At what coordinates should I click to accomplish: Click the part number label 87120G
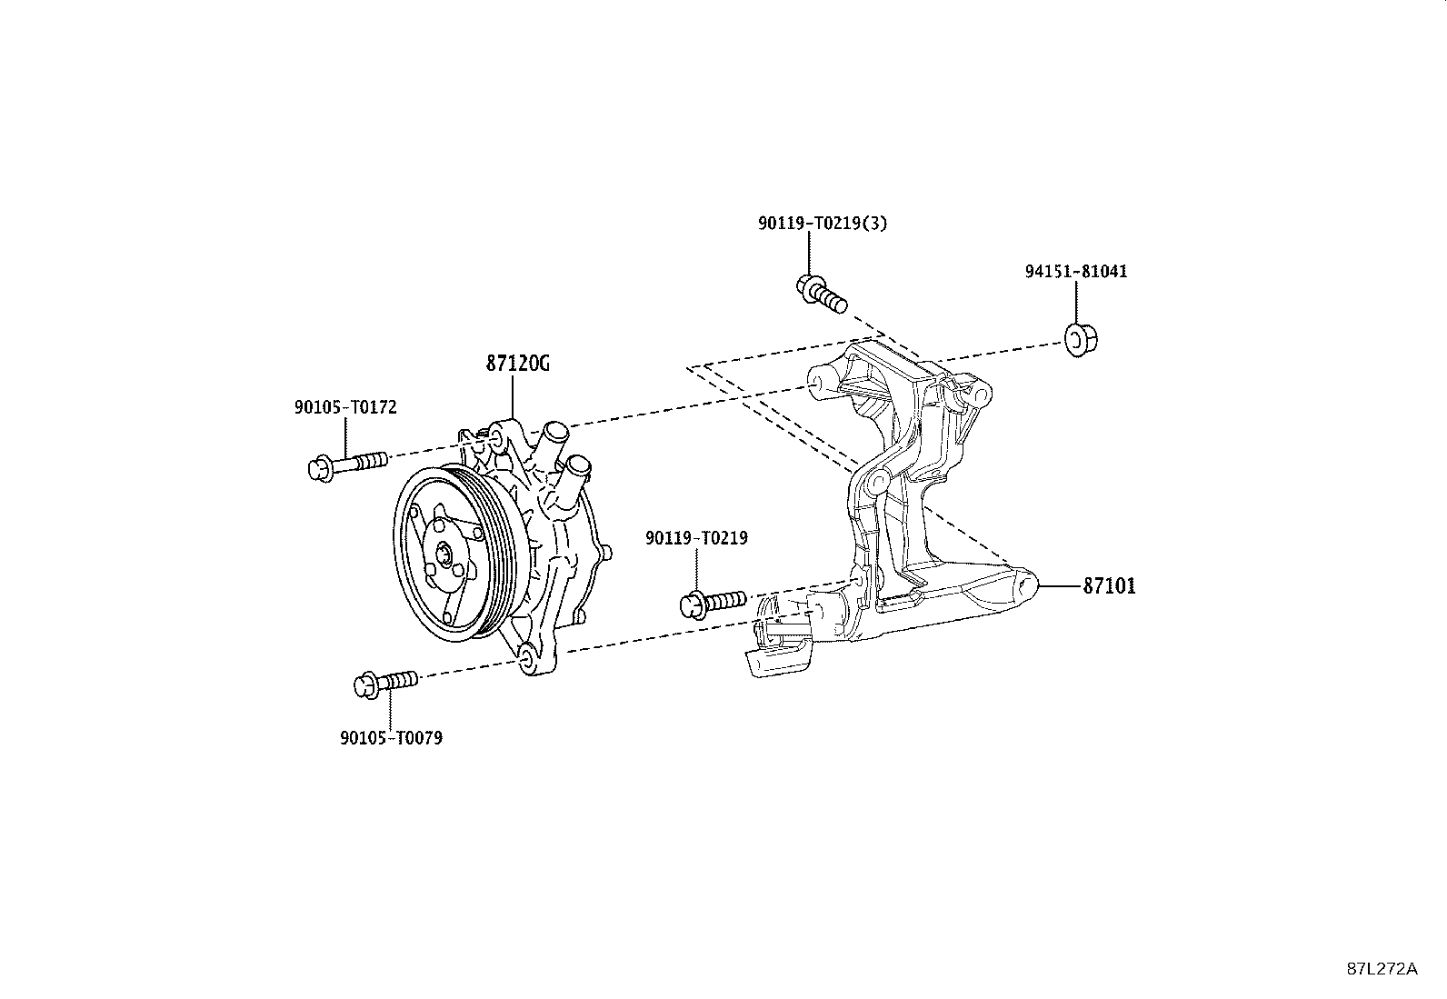point(517,364)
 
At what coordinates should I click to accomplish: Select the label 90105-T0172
point(345,407)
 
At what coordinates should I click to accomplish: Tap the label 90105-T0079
point(392,738)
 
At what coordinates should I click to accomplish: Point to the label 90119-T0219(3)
point(823,223)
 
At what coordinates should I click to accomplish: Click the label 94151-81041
point(1076,272)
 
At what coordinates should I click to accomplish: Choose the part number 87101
point(1109,586)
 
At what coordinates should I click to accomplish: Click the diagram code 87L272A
point(1382,969)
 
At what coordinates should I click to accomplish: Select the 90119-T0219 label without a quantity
point(696,537)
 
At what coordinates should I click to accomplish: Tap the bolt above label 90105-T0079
point(386,684)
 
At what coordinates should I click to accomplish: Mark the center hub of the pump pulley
point(445,553)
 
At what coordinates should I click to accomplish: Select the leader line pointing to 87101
point(1060,586)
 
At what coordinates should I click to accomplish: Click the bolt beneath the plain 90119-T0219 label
point(714,604)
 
